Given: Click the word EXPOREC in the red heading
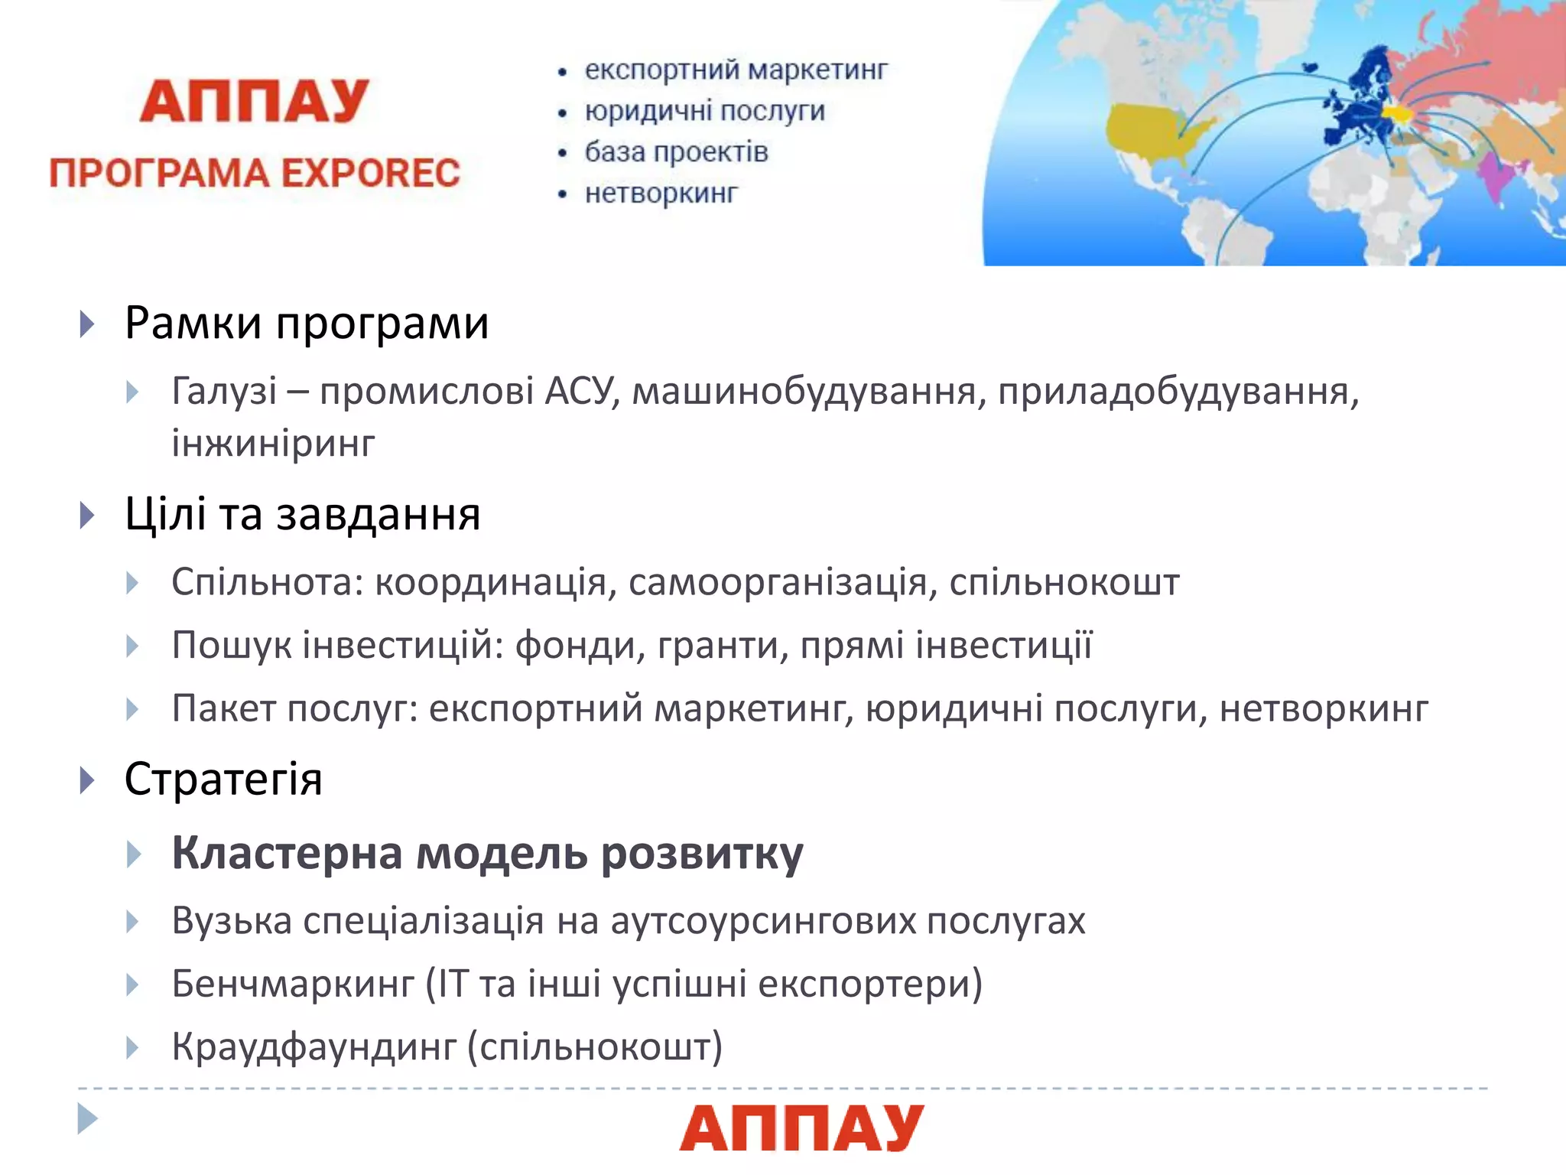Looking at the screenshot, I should tap(371, 173).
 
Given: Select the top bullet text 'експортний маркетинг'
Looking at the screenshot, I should tap(736, 70).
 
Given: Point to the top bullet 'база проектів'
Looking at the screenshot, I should tap(676, 151).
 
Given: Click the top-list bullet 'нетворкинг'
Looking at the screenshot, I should tap(661, 193).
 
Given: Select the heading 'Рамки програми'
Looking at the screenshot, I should tap(306, 323).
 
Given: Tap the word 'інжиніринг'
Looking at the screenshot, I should tap(273, 443).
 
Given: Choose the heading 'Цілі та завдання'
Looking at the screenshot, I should tap(302, 514).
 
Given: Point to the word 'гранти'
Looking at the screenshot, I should tap(723, 645).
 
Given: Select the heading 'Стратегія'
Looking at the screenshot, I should tap(223, 780).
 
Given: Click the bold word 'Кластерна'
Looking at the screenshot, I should tap(288, 853).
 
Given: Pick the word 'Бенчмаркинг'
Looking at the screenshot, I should tap(293, 984).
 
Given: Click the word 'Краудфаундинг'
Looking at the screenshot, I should tap(314, 1046).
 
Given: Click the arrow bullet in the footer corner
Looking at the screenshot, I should tap(88, 1118).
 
